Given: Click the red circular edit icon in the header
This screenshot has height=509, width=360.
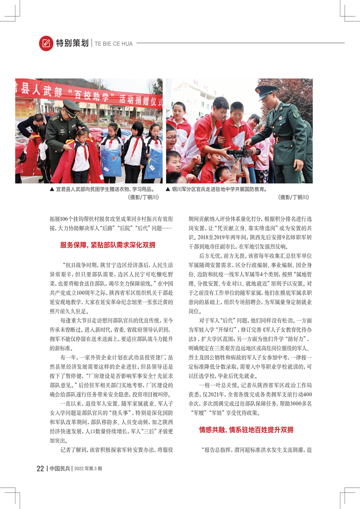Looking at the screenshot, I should [46, 43].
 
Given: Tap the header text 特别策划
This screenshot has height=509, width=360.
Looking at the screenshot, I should [72, 44].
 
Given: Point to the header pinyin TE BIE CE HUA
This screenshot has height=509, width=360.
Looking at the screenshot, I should [114, 44].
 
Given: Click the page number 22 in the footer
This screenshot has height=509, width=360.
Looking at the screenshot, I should [40, 469].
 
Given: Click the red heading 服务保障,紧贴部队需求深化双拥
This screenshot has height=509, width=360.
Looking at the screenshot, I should [107, 245].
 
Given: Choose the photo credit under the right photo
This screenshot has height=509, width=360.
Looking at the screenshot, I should [293, 198].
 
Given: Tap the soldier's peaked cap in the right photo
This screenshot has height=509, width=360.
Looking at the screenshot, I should [267, 89].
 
